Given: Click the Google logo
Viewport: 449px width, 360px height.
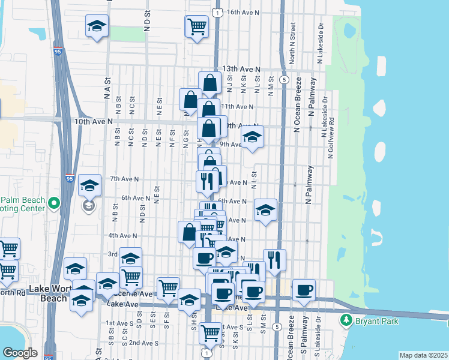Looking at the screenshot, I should click(x=20, y=352).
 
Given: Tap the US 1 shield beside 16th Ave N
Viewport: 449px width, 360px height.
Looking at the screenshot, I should click(x=216, y=11).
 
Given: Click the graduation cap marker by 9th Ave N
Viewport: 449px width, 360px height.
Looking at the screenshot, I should click(x=253, y=138).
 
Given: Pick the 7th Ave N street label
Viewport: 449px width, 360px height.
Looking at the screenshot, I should click(x=124, y=179).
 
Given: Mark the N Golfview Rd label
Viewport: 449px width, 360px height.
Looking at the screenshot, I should click(x=330, y=138).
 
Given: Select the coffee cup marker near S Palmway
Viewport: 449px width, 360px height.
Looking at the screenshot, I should click(x=304, y=290).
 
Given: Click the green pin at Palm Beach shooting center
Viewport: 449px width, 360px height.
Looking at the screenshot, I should click(x=53, y=204).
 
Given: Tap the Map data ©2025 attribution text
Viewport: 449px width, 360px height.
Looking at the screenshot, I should click(x=423, y=355).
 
